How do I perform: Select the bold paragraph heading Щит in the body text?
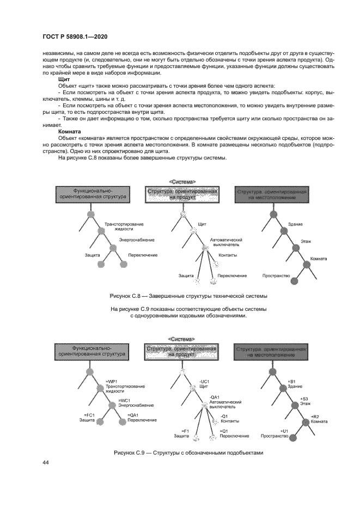point(63,79)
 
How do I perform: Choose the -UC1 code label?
point(205,381)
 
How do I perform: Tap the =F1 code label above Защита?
point(185,431)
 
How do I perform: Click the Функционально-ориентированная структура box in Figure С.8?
point(93,194)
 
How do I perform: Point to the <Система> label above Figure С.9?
point(182,339)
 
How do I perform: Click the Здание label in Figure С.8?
point(296,225)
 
